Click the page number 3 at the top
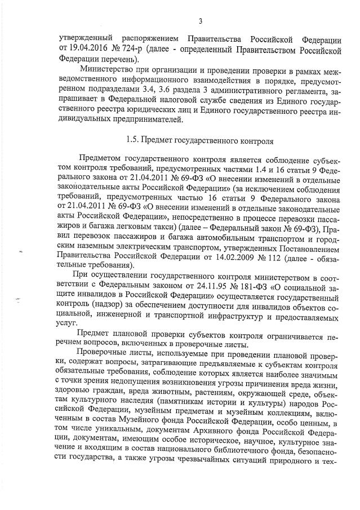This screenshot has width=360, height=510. pos(200,22)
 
